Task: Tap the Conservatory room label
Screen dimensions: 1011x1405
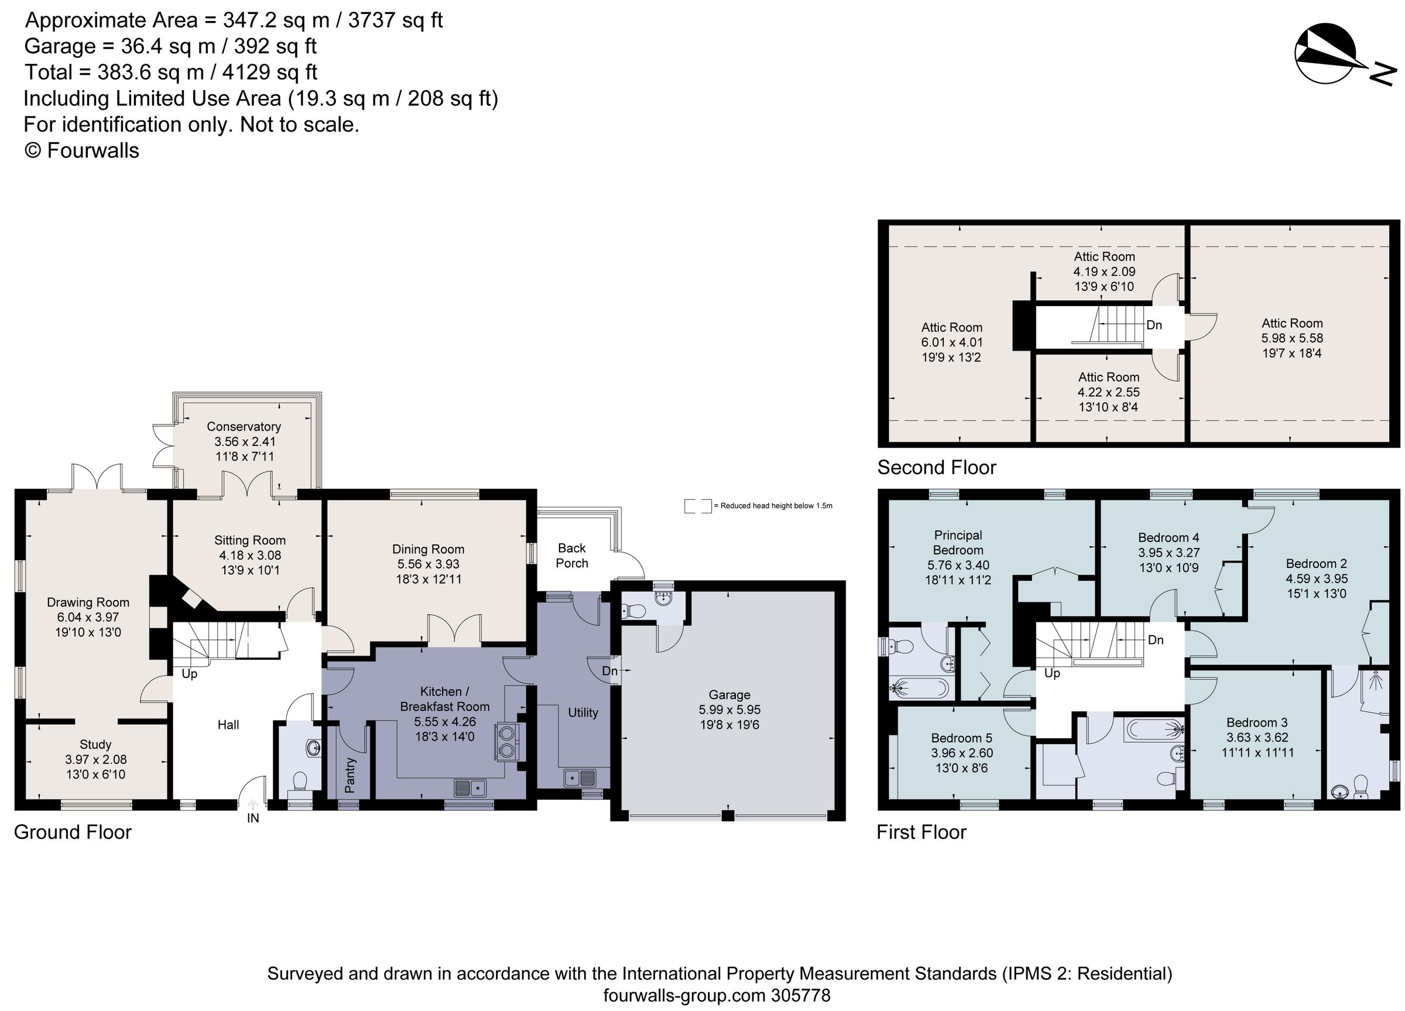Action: point(244,426)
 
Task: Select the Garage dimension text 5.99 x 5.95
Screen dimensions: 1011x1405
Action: point(729,710)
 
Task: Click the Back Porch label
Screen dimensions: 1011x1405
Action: point(572,555)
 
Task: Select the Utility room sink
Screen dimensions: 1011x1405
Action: point(580,777)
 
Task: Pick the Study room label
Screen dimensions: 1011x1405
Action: point(95,745)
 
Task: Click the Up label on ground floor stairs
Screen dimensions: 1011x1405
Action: point(190,673)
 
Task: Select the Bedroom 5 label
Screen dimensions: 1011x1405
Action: point(961,738)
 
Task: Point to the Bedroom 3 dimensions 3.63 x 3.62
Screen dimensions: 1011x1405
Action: point(1257,737)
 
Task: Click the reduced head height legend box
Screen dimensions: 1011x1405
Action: point(698,506)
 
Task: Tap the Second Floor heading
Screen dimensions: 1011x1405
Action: point(936,467)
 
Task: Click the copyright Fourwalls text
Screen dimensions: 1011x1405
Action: point(81,150)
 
